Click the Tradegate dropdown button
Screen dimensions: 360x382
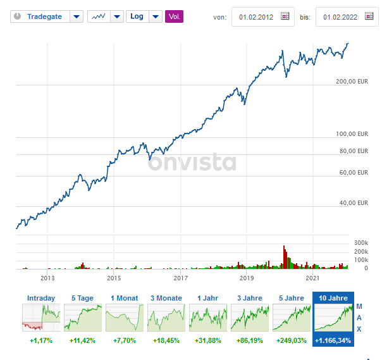point(76,16)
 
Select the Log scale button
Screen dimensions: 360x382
point(137,16)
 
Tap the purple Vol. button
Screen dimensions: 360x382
point(174,16)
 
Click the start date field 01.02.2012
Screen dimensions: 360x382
point(256,17)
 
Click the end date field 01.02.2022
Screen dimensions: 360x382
point(340,17)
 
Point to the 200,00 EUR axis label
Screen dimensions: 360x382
point(352,82)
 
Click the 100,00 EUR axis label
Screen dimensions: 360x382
point(352,134)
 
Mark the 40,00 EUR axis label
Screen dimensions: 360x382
point(354,203)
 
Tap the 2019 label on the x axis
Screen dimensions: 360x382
point(247,278)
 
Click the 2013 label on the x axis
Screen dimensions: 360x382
point(48,278)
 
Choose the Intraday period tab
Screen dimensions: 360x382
point(40,298)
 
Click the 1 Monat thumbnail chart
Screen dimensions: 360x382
point(124,317)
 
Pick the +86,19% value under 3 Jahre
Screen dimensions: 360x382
point(249,340)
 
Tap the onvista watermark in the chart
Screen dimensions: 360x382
point(192,163)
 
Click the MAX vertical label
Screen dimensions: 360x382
point(359,317)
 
